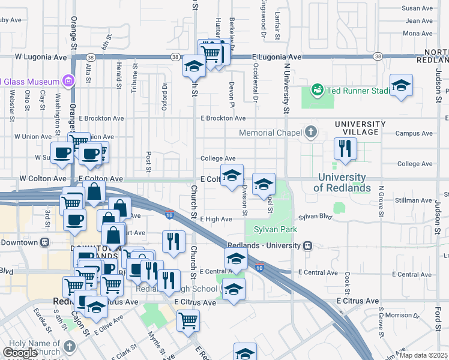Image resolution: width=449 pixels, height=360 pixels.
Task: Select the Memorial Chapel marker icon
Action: [x=311, y=131]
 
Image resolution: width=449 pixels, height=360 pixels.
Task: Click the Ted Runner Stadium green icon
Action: [x=317, y=90]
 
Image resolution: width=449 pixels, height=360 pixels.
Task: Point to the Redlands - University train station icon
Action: [x=307, y=245]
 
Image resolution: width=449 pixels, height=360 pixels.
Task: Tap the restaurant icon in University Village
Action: [x=345, y=149]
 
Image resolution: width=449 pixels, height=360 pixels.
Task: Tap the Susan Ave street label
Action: [x=417, y=8]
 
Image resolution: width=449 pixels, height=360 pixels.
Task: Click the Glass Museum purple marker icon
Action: [x=68, y=81]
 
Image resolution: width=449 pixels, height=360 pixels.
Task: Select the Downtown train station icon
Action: [x=44, y=242]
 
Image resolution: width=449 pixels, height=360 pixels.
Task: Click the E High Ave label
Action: [x=216, y=220]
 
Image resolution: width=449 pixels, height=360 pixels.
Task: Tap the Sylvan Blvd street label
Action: [x=315, y=216]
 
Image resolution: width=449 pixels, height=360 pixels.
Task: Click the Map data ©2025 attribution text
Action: [x=424, y=355]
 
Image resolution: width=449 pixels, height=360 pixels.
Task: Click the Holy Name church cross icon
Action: [x=70, y=346]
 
